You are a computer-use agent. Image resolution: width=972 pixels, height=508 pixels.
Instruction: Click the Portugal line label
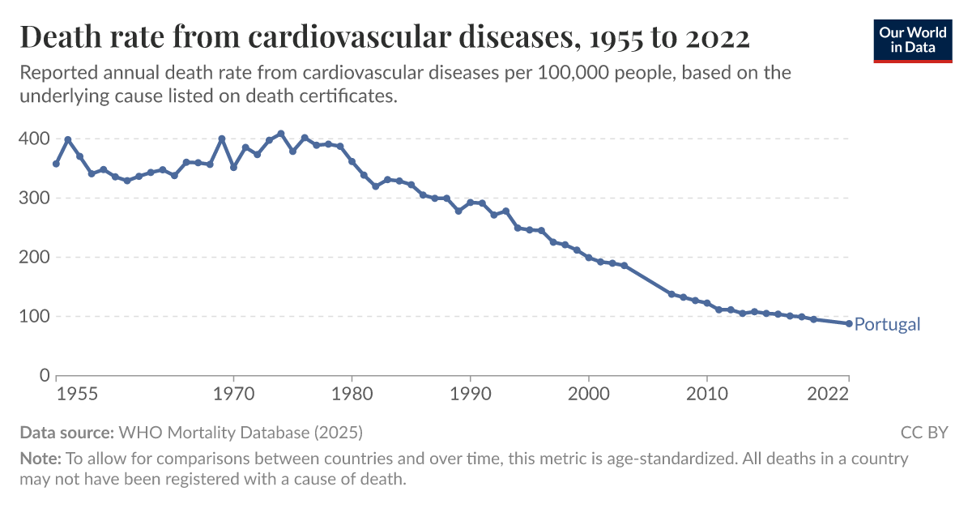point(887,324)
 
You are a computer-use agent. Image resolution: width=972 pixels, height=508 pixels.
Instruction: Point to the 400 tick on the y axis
point(33,139)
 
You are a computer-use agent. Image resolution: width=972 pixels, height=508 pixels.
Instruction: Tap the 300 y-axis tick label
point(33,198)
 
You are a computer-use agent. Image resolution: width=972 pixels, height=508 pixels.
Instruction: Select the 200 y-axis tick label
point(33,257)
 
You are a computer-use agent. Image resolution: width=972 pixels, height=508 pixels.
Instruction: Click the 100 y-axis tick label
point(33,317)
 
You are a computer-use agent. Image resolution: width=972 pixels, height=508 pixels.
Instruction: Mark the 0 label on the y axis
point(44,376)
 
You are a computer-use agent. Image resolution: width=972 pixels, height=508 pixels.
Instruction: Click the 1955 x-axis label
point(78,395)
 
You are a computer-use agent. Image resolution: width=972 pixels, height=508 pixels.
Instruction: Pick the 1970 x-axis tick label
point(233,395)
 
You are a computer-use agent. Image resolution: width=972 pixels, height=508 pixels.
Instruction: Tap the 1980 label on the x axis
point(352,395)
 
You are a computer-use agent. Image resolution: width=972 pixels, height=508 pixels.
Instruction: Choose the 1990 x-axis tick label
point(470,395)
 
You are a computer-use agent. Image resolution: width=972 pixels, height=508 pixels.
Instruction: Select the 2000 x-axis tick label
point(589,395)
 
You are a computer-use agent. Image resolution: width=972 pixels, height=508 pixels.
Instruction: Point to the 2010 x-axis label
point(707,395)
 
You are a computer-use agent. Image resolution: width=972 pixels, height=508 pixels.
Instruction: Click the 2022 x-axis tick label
point(828,395)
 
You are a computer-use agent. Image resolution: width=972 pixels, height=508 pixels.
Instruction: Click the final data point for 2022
point(849,323)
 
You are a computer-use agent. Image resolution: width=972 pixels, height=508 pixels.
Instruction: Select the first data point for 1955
point(56,164)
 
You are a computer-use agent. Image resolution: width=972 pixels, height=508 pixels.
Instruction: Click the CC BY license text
point(923,432)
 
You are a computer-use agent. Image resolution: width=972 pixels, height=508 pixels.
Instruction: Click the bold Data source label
point(67,432)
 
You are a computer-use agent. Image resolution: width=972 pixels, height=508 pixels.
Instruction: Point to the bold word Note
point(40,459)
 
